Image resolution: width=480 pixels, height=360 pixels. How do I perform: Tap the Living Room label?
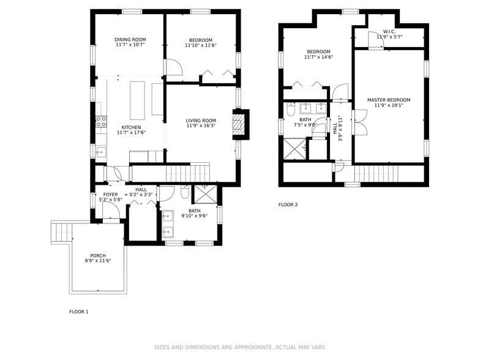point(201,121)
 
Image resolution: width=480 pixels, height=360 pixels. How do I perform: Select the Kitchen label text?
point(131,127)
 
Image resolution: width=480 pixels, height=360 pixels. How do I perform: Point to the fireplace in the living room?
point(240,125)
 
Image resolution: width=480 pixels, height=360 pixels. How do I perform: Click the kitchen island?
point(137,100)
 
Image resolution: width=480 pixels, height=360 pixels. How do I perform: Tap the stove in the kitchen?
point(101,122)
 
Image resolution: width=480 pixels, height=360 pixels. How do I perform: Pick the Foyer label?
point(110,195)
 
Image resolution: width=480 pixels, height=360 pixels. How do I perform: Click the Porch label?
point(98,256)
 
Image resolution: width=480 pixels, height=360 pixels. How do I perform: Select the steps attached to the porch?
point(61,233)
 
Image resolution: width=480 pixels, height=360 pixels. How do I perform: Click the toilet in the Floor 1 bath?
point(185,193)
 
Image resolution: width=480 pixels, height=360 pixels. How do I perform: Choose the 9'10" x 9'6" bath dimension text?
point(194,216)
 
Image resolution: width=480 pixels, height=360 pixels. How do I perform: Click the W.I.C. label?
point(389,31)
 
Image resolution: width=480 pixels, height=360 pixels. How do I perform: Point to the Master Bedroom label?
point(389,100)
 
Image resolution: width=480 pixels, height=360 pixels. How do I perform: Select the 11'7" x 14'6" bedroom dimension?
point(318,57)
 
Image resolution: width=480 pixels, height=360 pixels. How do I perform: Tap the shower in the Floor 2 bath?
point(294,149)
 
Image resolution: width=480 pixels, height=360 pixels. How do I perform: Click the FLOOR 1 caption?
point(78,312)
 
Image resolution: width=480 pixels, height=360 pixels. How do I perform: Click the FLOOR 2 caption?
point(288,204)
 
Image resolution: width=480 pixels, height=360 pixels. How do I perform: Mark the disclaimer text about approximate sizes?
point(240,347)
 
